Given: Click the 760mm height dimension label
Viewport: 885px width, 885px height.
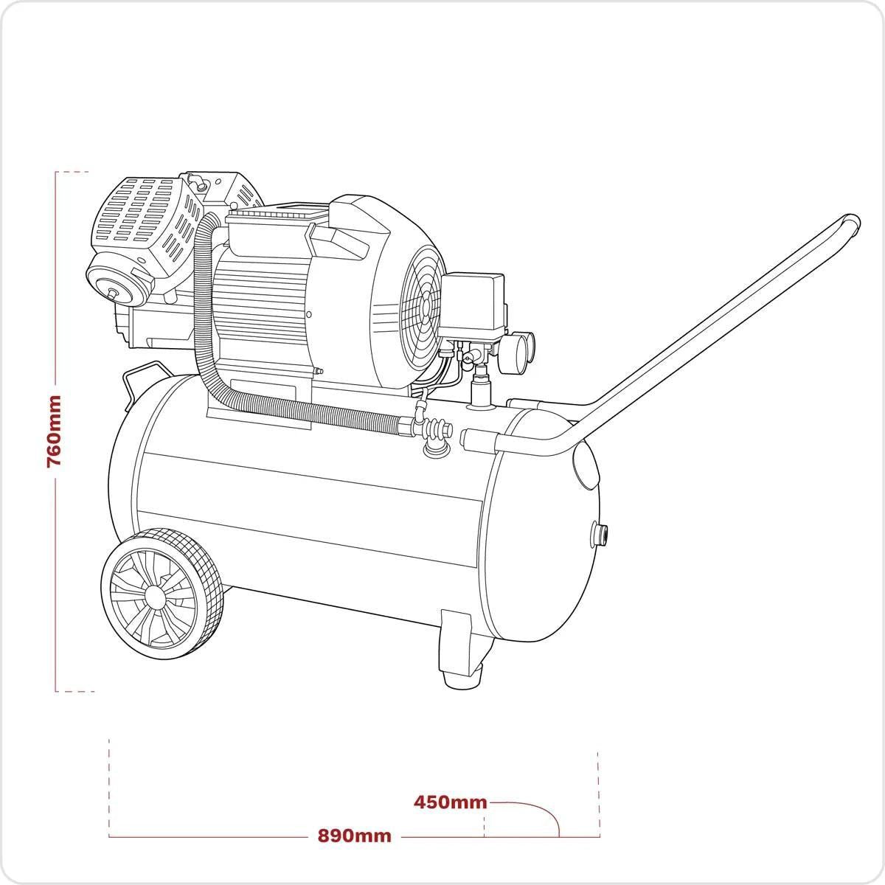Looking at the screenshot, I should pos(53,431).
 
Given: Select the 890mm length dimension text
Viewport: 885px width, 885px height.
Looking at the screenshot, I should pos(354,836).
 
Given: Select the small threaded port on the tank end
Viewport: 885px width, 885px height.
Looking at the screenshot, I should pos(600,533).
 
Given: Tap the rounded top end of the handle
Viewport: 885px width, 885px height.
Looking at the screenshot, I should pos(851,223).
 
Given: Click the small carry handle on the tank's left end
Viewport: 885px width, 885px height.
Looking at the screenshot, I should pos(133,379).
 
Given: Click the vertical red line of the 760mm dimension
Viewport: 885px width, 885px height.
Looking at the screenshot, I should pos(56,590).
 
